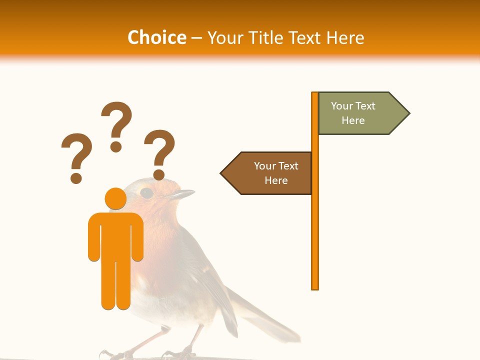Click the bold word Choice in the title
point(156,37)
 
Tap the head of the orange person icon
point(115,198)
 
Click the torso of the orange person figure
point(115,235)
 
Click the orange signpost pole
point(315,225)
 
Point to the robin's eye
point(146,192)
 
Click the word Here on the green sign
point(353,120)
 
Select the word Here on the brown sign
point(276,180)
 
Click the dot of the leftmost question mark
point(76,177)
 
